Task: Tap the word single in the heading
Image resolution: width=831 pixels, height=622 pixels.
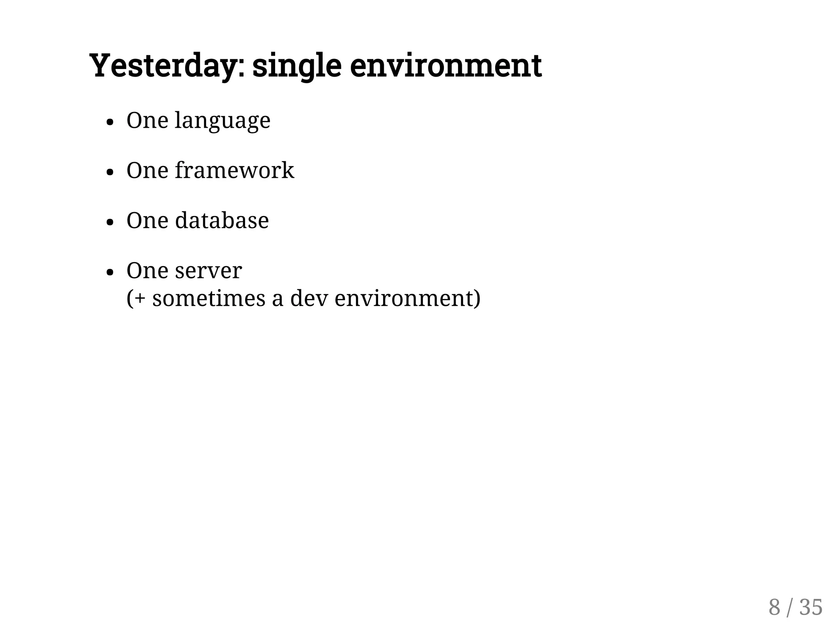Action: (x=297, y=66)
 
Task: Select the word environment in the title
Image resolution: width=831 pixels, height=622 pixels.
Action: (x=446, y=66)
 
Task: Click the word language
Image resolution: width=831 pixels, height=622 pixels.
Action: (x=222, y=121)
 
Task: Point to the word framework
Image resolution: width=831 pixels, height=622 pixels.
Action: (x=234, y=170)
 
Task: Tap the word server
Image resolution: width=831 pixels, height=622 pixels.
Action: (x=208, y=271)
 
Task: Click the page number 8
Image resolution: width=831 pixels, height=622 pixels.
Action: (x=774, y=607)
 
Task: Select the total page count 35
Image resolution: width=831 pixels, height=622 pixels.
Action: (x=811, y=607)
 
